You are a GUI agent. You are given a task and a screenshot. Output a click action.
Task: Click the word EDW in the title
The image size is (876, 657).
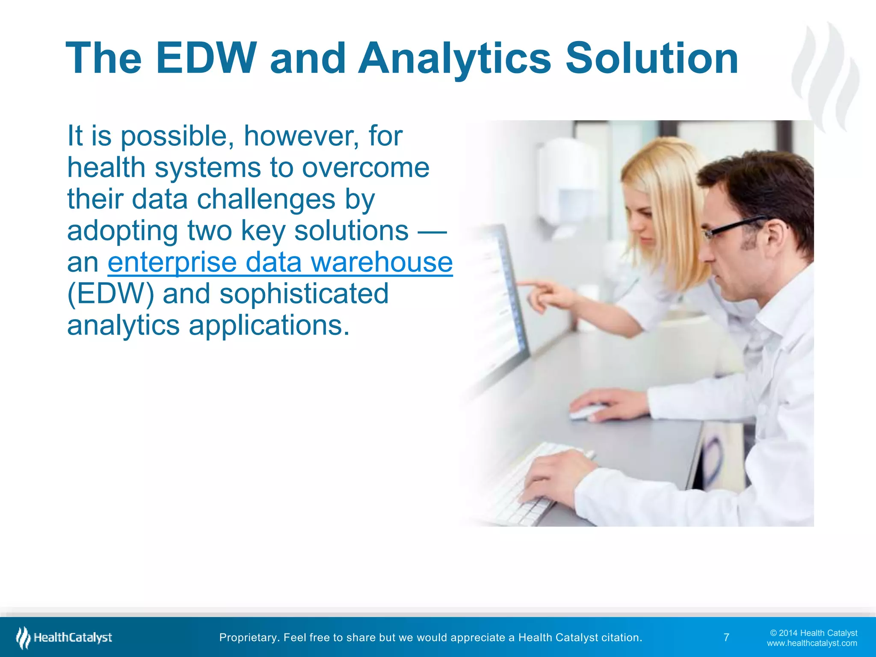[x=206, y=59]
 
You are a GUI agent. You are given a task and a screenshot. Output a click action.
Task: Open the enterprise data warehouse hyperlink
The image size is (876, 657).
[x=280, y=262]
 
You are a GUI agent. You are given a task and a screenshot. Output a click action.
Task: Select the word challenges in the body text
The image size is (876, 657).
[x=266, y=199]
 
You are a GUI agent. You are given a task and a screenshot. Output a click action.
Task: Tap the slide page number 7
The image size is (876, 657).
[x=726, y=637]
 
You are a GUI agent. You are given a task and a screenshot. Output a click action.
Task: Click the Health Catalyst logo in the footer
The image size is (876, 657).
[x=64, y=637]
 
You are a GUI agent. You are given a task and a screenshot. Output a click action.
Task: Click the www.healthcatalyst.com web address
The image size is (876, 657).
[x=811, y=643]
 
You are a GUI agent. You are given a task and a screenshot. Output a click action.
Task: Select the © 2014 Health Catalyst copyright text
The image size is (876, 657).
[x=813, y=633]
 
